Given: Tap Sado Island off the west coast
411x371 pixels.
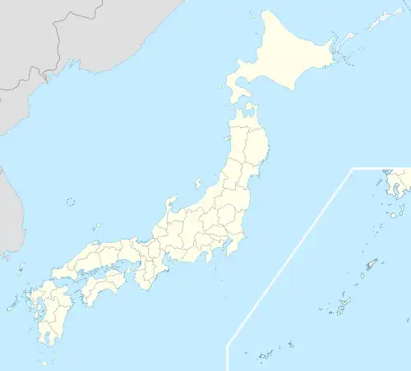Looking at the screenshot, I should (x=197, y=183).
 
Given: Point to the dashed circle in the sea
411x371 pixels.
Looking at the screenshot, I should (x=70, y=201).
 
